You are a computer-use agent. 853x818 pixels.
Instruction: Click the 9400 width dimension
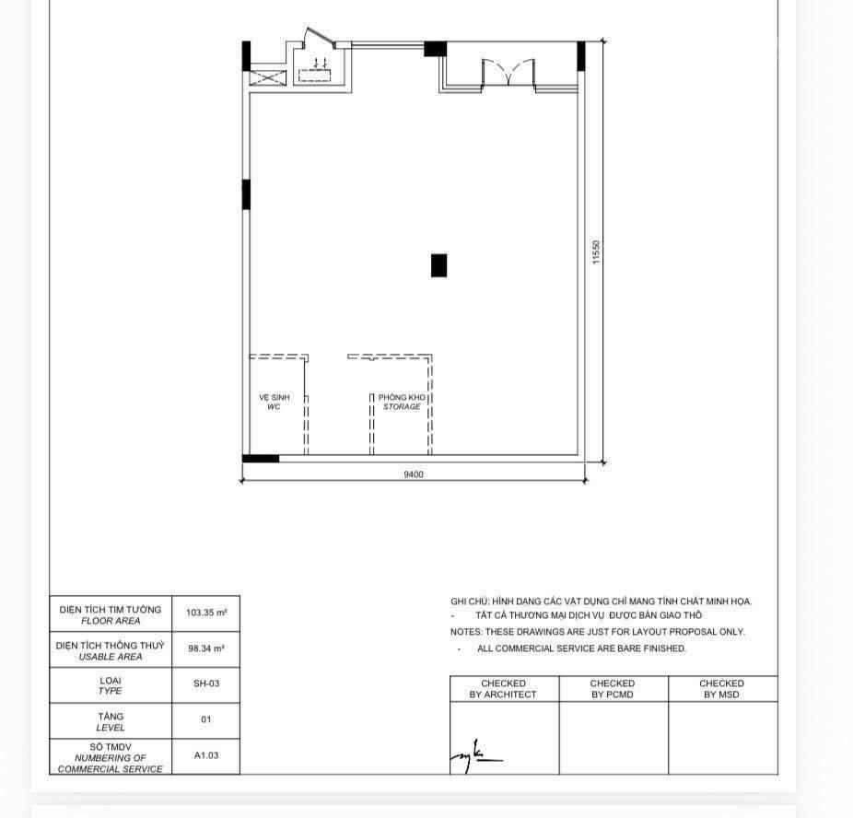click(x=413, y=474)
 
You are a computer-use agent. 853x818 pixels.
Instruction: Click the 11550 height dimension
click(x=596, y=252)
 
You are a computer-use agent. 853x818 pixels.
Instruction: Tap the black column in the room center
click(x=439, y=265)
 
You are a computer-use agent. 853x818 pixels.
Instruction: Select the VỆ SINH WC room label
click(x=274, y=402)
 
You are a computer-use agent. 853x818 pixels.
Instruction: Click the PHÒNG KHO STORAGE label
click(x=402, y=402)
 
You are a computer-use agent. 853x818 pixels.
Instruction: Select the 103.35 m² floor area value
click(x=206, y=613)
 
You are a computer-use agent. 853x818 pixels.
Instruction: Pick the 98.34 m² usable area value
click(x=206, y=649)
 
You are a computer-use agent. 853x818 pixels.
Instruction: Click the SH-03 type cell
click(x=206, y=684)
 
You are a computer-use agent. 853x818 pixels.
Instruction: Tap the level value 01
click(x=206, y=720)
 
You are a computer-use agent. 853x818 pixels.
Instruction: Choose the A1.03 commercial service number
click(x=206, y=755)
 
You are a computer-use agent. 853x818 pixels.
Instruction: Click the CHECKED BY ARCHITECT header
click(x=503, y=689)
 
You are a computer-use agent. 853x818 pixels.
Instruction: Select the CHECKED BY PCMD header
click(x=613, y=689)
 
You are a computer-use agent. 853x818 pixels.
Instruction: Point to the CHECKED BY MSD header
click(x=722, y=689)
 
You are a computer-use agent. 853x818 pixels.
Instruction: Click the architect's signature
click(x=475, y=755)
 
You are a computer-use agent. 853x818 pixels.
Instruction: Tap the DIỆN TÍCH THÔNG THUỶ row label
click(x=111, y=650)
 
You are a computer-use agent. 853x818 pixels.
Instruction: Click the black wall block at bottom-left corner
click(x=261, y=458)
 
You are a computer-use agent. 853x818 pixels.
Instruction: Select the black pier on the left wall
click(x=246, y=194)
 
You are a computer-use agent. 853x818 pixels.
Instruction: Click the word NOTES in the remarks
click(x=464, y=632)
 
